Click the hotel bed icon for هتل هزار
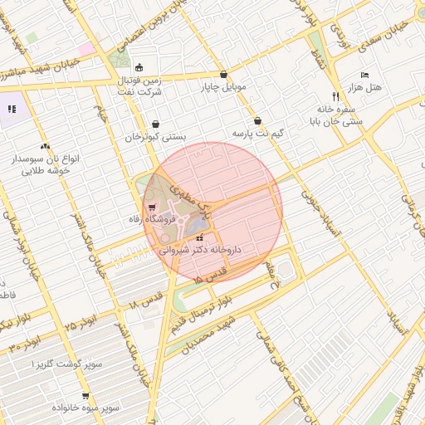(x=364, y=75)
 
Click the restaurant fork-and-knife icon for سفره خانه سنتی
(x=335, y=95)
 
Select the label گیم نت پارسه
(x=257, y=133)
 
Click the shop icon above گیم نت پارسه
(x=257, y=120)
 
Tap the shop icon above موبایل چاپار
(x=222, y=74)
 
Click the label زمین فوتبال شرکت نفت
(x=138, y=86)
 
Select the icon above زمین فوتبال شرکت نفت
(x=139, y=68)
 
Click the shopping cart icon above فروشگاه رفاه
(x=151, y=208)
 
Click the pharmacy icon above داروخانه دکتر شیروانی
(x=198, y=237)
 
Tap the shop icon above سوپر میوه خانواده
(x=85, y=396)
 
